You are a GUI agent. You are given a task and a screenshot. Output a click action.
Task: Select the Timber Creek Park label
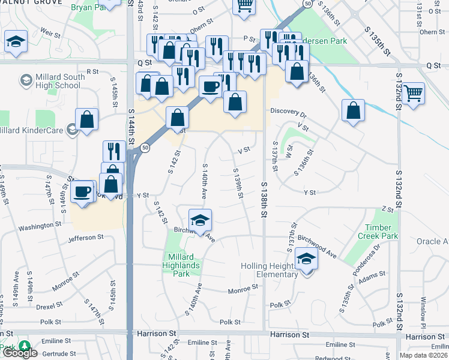(x=382, y=232)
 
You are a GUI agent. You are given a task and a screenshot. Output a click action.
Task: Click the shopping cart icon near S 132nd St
(x=414, y=93)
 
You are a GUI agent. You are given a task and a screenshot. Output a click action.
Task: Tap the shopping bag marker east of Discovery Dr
(x=354, y=110)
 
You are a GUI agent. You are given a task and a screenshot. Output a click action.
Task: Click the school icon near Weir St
(x=16, y=41)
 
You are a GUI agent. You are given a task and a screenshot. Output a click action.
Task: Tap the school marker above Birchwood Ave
(x=200, y=220)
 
